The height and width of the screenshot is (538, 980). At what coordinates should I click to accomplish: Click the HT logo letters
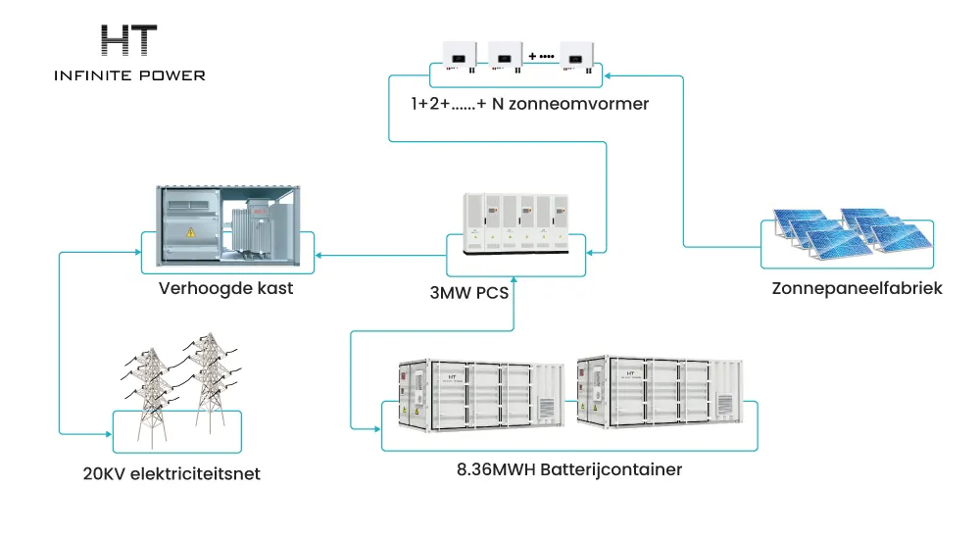point(128,40)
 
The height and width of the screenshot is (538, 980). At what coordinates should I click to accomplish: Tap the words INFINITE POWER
point(129,75)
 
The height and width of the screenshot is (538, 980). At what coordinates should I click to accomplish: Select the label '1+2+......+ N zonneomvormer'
point(529,104)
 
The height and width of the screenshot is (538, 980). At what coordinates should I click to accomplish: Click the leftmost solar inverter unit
point(460,56)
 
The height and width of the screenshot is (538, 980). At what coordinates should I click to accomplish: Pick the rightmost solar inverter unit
point(576,57)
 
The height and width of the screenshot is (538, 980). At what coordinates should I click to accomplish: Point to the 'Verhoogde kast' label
point(225,288)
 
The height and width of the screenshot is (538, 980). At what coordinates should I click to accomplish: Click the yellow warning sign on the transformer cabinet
point(190,232)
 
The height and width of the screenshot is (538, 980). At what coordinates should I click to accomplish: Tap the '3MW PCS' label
point(469,293)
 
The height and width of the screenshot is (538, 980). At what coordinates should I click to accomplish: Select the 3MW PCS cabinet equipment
point(515,223)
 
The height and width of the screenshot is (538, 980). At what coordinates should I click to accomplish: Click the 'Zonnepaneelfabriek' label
point(857,288)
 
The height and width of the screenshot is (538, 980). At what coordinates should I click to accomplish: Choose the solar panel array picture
point(853,233)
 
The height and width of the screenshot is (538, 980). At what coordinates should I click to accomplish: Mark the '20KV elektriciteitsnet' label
point(171,473)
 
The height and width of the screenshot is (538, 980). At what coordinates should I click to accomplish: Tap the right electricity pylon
point(211,382)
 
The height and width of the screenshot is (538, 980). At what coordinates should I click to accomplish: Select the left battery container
point(481,395)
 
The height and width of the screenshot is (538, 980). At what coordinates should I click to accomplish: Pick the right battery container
point(660,392)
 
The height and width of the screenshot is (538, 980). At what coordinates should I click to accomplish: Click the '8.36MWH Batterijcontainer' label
point(569,469)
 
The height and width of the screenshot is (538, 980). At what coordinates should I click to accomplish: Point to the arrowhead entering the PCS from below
point(514,280)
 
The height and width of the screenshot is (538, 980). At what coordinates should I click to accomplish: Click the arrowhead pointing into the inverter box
point(608,75)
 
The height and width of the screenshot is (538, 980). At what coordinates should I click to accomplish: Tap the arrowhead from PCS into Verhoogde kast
point(318,255)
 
